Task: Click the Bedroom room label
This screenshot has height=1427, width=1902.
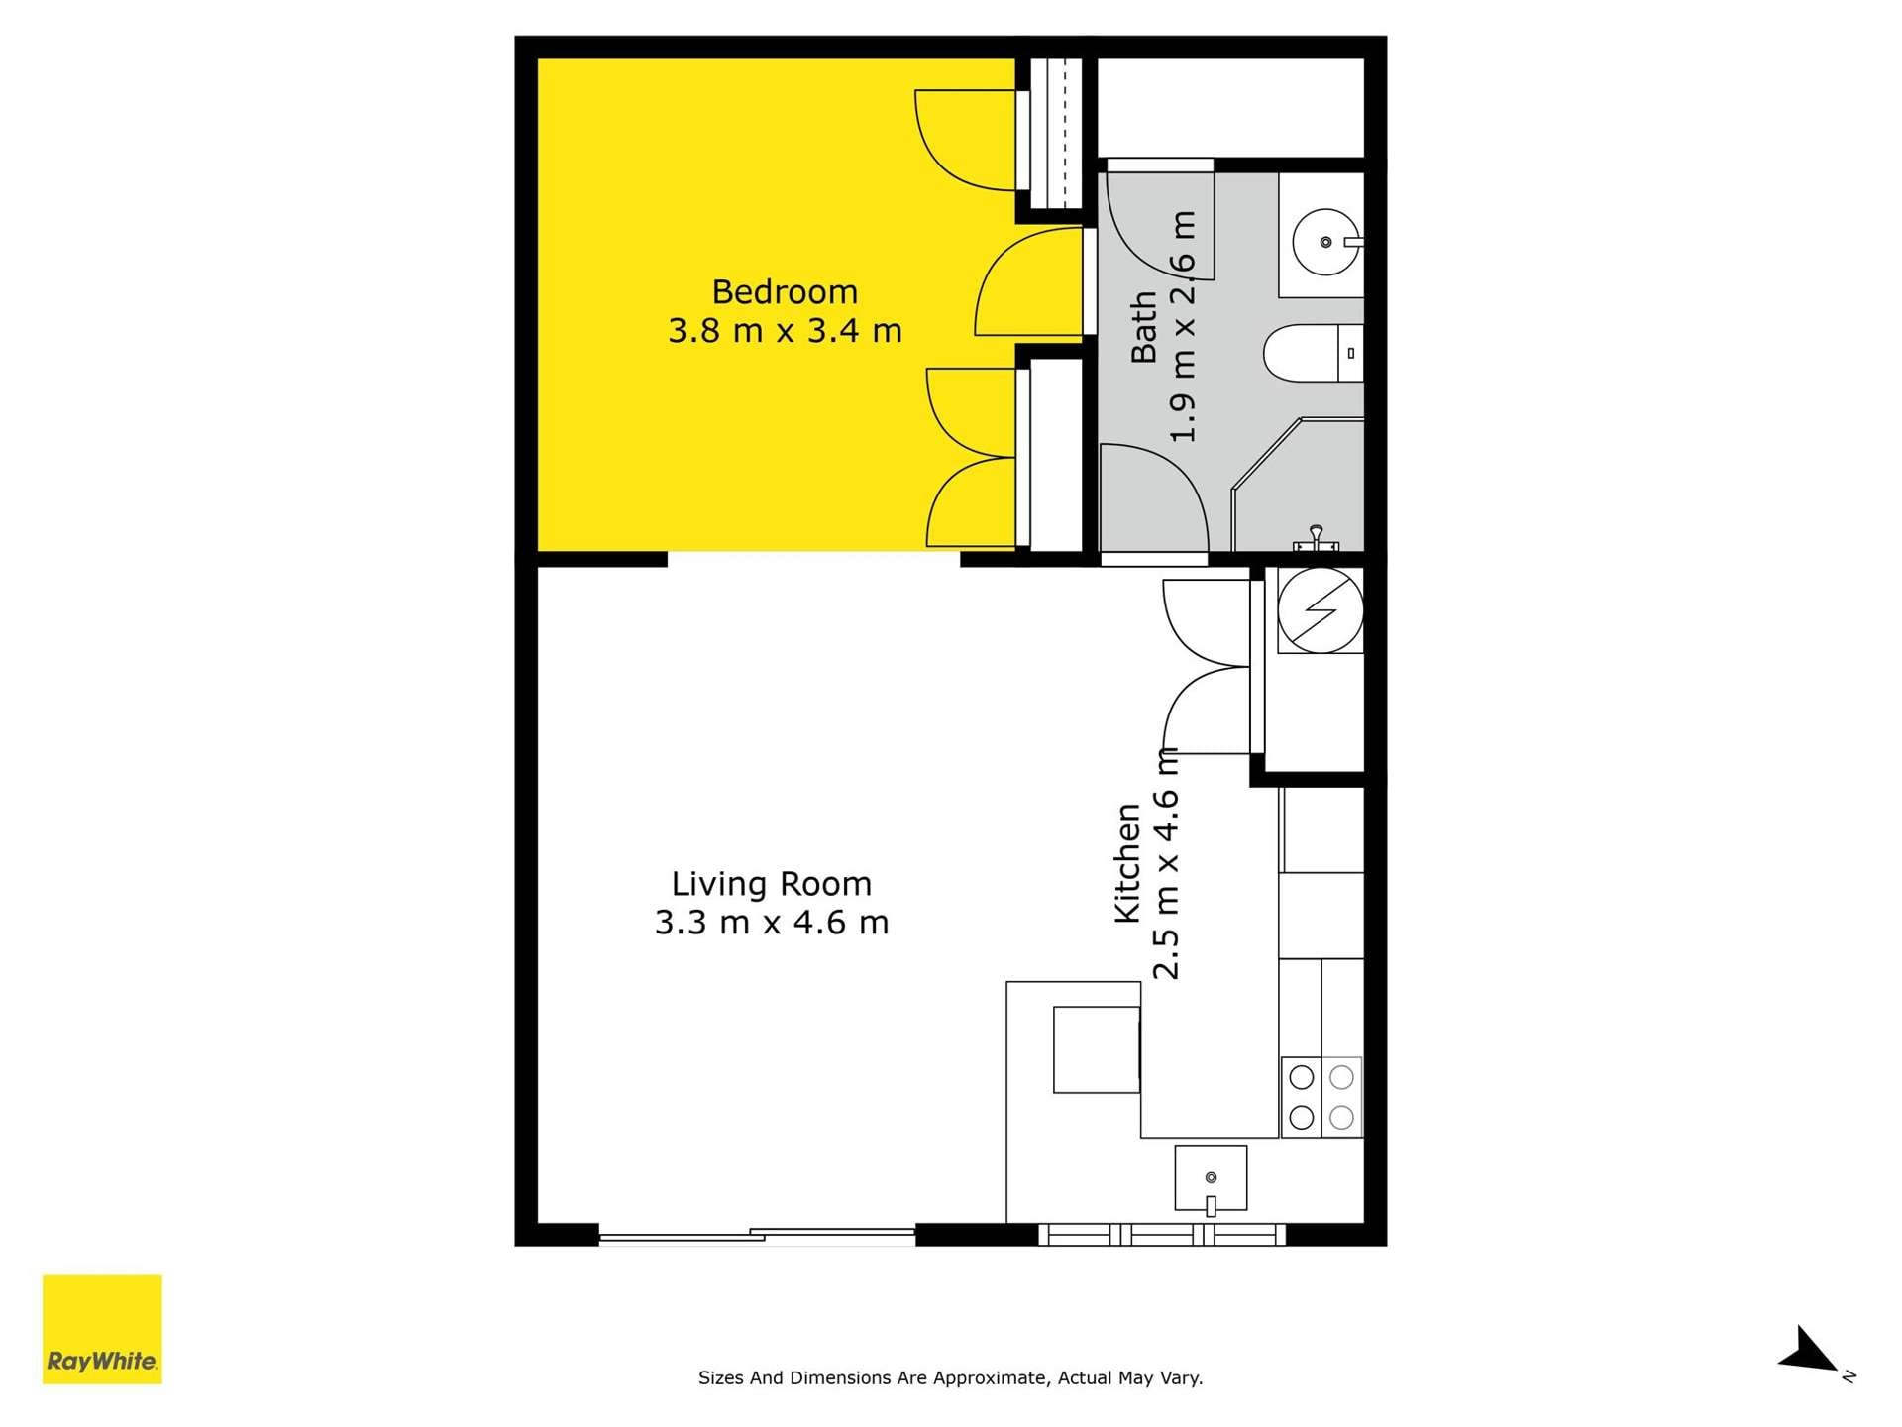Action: pos(785,292)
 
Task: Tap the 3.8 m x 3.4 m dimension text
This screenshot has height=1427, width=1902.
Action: pos(785,331)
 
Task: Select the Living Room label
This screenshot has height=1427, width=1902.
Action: pos(772,884)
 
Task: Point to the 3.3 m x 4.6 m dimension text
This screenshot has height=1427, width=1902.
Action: pos(772,923)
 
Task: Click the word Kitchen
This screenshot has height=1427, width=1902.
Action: pos(1128,862)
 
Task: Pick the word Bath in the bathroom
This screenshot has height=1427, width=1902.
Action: pos(1144,327)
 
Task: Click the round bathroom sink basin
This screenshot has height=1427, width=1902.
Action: pos(1325,242)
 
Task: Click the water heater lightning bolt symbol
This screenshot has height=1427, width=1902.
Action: pos(1320,610)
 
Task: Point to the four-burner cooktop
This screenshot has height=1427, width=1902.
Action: pos(1321,1097)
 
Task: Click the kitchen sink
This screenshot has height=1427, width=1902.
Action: pos(1211,1178)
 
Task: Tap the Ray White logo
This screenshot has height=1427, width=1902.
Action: pos(102,1329)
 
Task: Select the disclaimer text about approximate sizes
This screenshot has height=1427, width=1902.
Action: pos(950,1377)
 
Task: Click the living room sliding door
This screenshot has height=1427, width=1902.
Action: pos(758,1235)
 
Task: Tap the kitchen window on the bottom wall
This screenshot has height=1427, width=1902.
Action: pos(1162,1235)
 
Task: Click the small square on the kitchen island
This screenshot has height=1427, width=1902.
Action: pos(1096,1049)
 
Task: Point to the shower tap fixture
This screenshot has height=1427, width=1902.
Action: pos(1316,538)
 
